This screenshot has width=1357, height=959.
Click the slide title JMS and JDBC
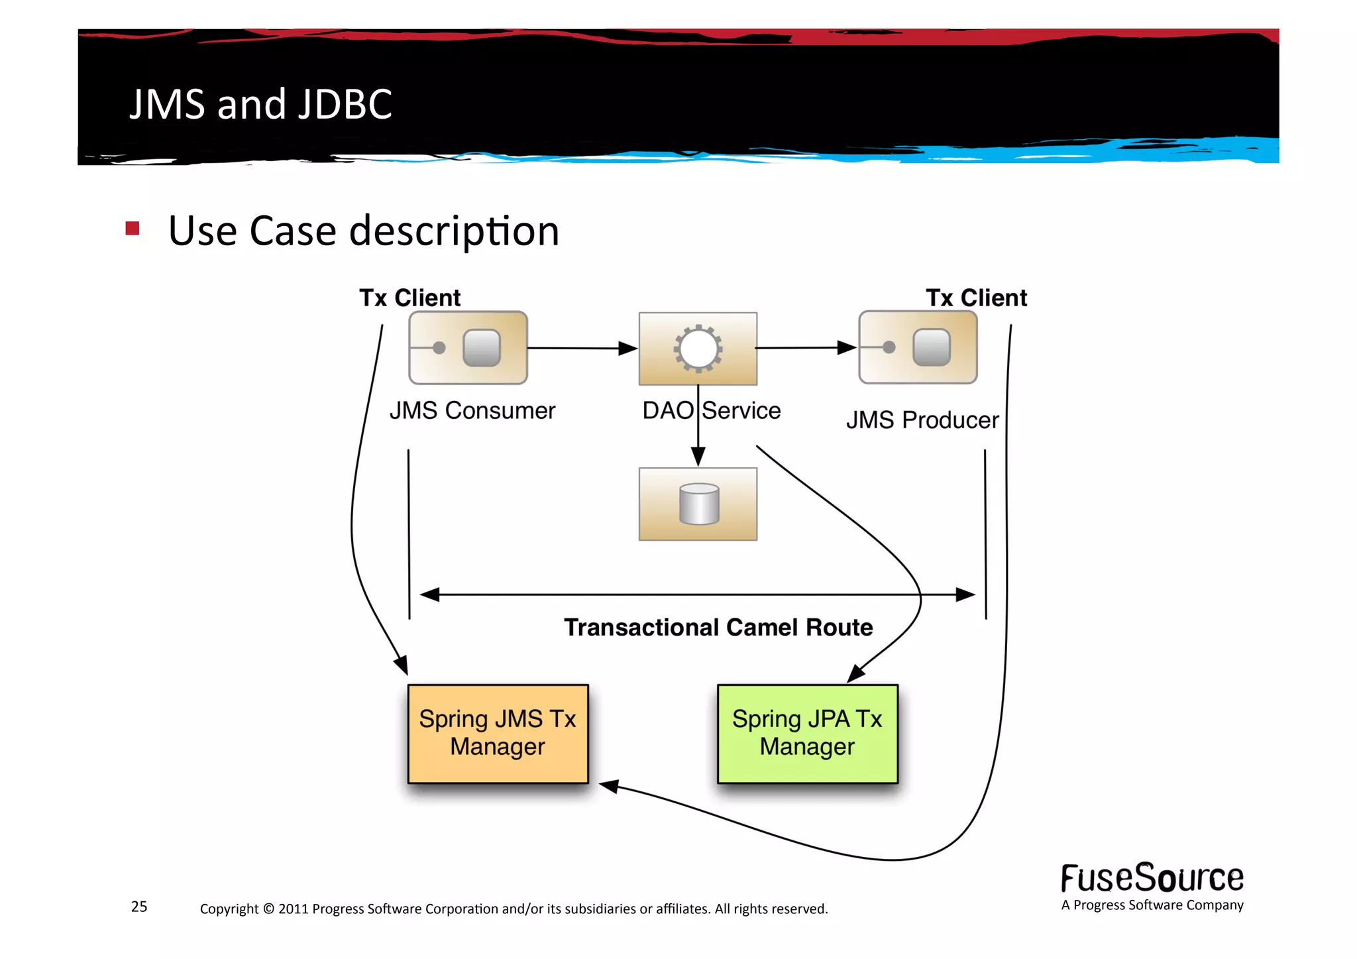260,104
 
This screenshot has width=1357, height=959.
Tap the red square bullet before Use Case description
133,229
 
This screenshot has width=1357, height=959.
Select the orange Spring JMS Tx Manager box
498,734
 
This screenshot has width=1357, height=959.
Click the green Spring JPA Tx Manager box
807,734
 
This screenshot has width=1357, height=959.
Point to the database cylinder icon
699,504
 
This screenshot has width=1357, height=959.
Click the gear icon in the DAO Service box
698,349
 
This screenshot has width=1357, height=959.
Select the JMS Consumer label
472,410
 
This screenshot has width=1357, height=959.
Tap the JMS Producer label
922,420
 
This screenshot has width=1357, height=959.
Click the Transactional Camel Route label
718,627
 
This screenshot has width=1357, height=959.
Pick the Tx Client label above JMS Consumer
409,298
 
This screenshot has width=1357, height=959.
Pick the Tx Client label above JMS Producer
976,298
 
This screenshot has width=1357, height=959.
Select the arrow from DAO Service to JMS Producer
805,347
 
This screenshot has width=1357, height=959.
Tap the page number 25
139,907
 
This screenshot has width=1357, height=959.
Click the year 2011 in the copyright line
293,909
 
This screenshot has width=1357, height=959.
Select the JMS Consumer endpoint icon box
468,348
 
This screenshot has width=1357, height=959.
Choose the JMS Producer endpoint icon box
918,347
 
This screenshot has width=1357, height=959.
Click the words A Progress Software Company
1152,905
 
